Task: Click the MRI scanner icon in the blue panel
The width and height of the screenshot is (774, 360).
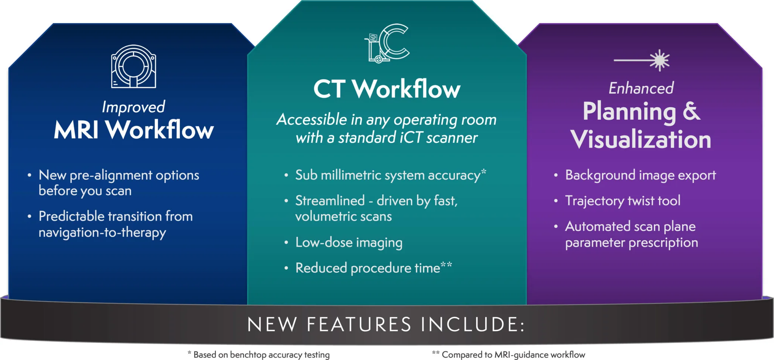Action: [133, 67]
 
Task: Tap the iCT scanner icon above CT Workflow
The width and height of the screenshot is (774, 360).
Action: [387, 43]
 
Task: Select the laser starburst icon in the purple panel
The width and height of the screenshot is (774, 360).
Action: [659, 60]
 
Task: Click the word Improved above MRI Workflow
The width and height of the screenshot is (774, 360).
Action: [133, 107]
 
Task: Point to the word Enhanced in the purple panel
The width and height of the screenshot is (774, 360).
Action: [641, 88]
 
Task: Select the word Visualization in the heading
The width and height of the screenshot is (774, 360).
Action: [641, 139]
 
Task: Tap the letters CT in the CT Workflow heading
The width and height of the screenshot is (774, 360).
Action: [329, 89]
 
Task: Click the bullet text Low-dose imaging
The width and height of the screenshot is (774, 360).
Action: [348, 243]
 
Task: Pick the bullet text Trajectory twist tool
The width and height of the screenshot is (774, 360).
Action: [622, 201]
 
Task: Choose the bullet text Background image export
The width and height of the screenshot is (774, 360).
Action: [640, 175]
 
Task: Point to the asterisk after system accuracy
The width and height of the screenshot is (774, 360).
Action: [483, 172]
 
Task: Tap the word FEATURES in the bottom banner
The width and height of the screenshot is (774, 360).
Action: [359, 324]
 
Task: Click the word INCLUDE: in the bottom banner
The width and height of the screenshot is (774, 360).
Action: [473, 324]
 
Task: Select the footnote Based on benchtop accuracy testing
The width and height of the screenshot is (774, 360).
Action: [261, 355]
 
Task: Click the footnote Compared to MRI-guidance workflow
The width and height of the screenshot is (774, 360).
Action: [513, 355]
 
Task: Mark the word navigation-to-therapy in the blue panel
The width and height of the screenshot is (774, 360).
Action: [102, 232]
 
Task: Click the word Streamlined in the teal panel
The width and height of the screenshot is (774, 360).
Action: [330, 201]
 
